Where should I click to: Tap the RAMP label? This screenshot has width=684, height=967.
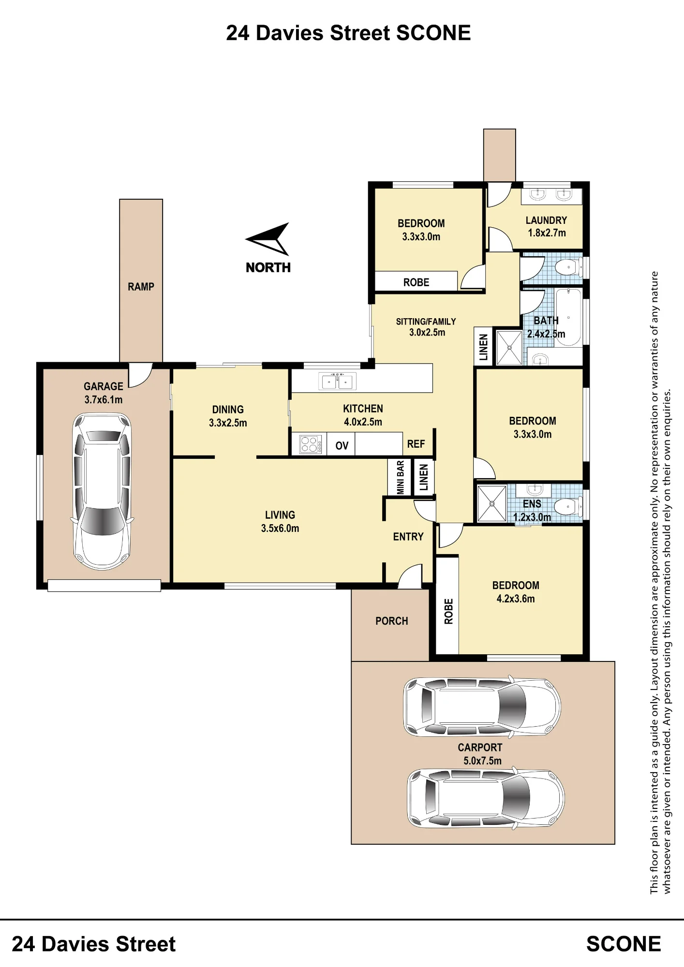141,287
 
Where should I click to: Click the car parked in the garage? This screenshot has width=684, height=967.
102,491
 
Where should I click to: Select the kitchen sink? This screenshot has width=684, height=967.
338,381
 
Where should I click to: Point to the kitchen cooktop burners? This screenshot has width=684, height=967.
310,444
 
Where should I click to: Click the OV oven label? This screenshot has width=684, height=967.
342,446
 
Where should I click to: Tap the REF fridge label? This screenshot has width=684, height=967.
416,444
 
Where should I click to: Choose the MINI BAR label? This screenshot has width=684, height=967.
401,477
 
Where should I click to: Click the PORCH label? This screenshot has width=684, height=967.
392,621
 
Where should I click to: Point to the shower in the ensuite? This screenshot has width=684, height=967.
491,503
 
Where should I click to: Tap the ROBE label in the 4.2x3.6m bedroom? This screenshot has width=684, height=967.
448,611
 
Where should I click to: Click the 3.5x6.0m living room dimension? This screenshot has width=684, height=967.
280,528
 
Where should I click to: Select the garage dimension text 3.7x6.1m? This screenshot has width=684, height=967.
104,400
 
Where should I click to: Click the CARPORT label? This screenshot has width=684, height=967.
480,747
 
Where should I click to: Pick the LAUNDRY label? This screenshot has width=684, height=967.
546,220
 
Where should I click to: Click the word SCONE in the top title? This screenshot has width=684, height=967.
433,33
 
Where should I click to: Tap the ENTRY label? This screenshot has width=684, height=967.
408,537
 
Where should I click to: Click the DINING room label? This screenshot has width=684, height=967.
228,410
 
